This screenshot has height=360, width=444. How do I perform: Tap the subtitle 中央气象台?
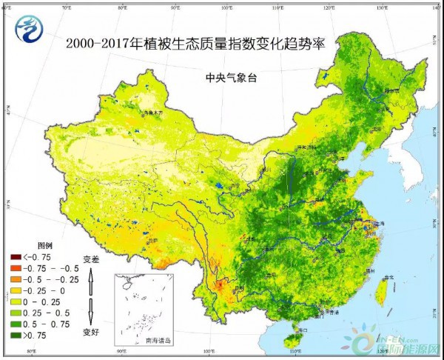tap(231, 76)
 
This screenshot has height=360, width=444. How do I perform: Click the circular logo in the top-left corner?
tap(28, 27)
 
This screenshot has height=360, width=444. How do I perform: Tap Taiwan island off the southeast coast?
tap(382, 291)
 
